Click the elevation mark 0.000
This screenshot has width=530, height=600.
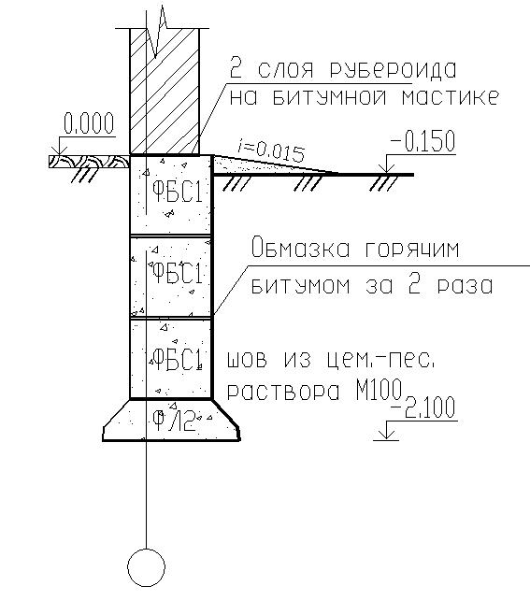coord(89,123)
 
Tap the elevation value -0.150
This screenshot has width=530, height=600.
coord(423,141)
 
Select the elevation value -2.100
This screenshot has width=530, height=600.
coord(423,407)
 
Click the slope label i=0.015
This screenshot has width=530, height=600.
coord(270,150)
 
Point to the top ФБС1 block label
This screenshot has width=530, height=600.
coord(177,192)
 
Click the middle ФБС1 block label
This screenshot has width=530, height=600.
coord(177,273)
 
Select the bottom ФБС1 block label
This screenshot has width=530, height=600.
coord(177,359)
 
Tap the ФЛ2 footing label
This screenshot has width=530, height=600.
coord(174,421)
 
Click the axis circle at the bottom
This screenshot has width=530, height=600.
coord(146,568)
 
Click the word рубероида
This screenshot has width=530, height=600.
coord(394,70)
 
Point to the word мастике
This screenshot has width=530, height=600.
coord(451,97)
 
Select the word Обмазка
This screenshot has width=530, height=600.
coord(301,248)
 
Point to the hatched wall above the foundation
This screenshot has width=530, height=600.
coord(165,91)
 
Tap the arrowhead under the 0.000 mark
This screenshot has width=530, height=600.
coord(60,151)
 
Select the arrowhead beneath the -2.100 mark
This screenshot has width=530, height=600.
coord(386,436)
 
